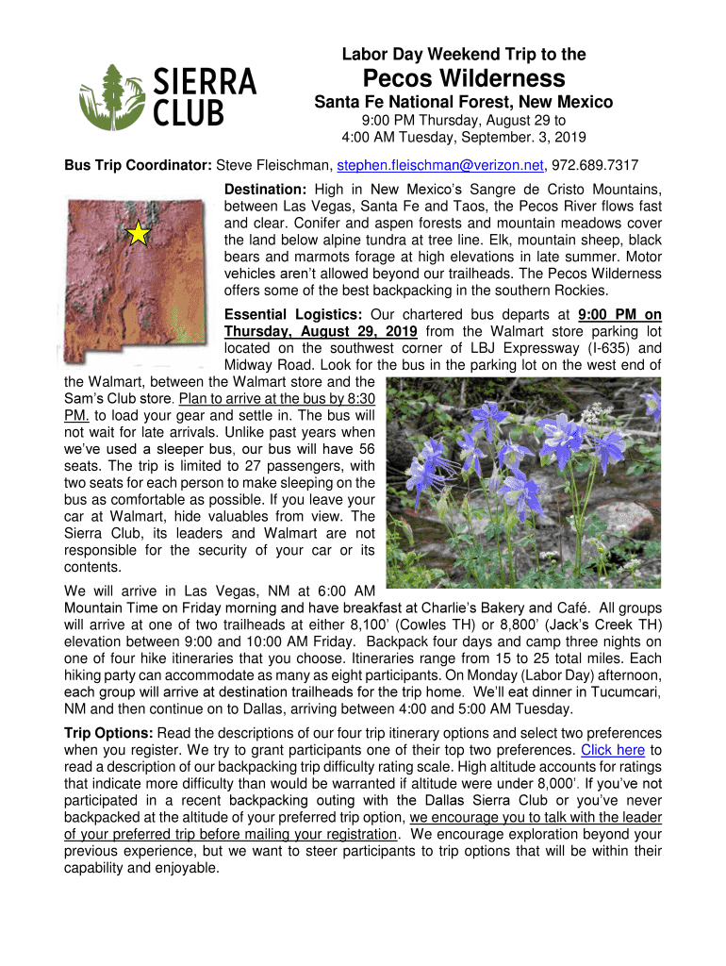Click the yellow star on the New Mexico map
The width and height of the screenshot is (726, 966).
139,233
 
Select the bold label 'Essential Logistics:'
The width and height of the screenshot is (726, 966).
294,314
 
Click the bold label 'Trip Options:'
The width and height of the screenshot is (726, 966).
108,733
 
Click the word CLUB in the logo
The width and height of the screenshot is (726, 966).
189,114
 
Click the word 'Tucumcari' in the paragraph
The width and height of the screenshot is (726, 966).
626,692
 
